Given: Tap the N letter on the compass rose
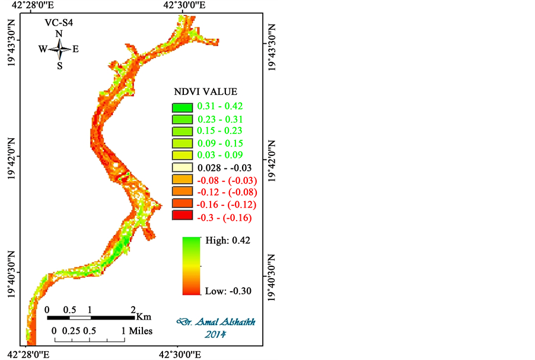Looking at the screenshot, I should point(59,34).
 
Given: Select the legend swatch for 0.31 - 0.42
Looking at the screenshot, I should point(182,107).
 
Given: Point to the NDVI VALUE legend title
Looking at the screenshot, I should point(205,92).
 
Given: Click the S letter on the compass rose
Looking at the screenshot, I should point(60,65).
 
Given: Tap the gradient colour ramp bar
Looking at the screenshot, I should point(190,266).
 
